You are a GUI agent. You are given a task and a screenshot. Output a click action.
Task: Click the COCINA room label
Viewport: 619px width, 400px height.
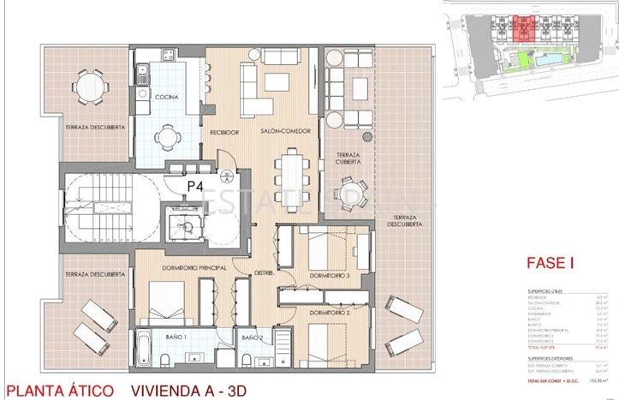167,98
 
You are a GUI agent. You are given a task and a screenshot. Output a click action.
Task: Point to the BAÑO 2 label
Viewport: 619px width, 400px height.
251,338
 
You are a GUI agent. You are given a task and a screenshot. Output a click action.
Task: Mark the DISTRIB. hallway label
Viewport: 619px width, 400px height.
264,274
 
